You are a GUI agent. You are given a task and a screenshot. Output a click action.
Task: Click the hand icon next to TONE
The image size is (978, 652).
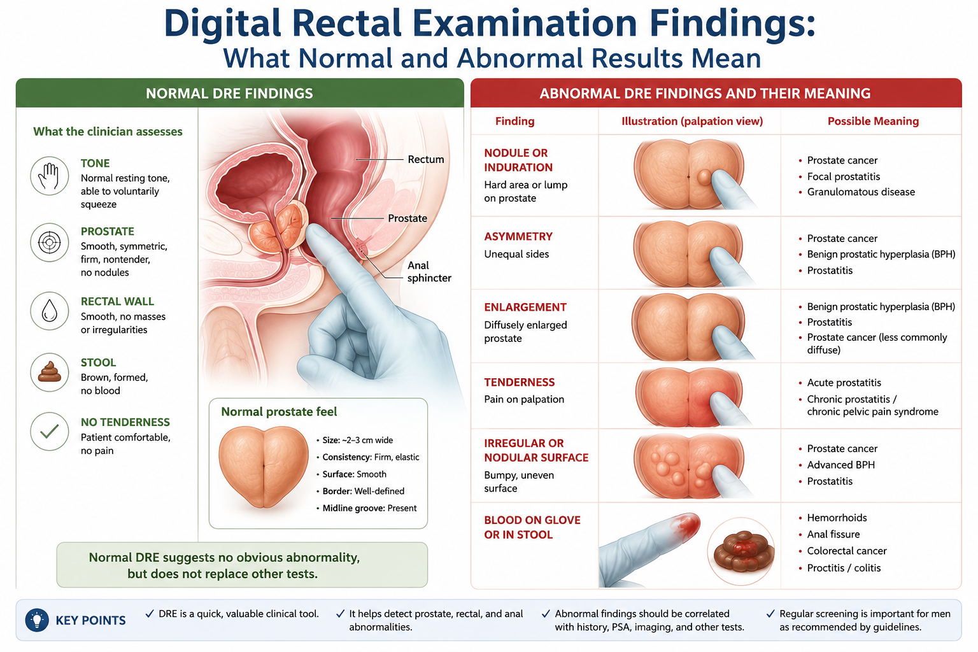[49, 176]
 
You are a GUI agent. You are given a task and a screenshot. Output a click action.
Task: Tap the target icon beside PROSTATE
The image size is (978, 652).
[49, 243]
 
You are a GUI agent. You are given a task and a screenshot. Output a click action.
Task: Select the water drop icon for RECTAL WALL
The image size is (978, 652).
[49, 311]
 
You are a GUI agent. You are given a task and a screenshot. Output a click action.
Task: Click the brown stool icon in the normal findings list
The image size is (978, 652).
[49, 372]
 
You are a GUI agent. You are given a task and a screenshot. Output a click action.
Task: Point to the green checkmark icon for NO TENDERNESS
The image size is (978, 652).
[49, 432]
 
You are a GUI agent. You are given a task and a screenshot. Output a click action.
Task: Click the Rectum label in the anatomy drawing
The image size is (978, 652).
[426, 159]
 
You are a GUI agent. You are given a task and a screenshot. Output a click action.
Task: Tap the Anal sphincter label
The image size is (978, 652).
[429, 272]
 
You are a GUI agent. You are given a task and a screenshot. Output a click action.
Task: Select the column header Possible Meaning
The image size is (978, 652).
[873, 121]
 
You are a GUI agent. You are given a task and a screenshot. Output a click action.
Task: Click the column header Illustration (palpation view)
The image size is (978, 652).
[692, 121]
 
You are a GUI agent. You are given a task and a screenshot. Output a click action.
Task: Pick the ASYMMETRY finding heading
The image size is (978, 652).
[518, 236]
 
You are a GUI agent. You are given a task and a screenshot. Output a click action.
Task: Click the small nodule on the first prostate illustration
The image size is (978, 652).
[704, 177]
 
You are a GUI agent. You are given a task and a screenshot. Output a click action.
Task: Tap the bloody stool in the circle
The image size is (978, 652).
[741, 551]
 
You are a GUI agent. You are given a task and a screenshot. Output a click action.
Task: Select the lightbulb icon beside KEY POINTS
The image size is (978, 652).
[37, 620]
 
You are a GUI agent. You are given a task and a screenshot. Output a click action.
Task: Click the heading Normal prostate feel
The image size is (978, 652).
[279, 412]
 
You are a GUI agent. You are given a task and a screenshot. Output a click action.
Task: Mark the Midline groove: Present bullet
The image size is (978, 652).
[367, 508]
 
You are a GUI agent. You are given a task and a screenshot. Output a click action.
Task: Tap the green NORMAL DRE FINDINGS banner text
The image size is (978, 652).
[229, 94]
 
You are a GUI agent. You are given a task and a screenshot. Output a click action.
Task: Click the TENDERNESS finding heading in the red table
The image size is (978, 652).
[520, 382]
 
